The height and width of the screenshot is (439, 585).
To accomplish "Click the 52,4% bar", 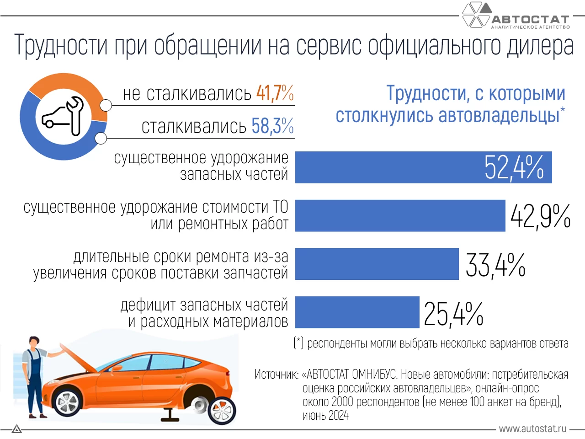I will [x=423, y=167].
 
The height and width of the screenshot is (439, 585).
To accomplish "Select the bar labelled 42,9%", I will [x=400, y=216].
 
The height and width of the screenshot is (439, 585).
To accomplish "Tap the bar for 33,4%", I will [x=377, y=264].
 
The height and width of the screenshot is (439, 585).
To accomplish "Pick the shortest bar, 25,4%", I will [x=357, y=312].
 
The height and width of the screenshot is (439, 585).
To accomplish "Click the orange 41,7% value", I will [x=275, y=93].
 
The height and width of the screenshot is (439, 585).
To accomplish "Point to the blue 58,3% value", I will [x=272, y=126].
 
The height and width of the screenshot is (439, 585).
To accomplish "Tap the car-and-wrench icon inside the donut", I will [x=64, y=117].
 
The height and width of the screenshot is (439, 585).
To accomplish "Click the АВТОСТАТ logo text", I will [x=530, y=20].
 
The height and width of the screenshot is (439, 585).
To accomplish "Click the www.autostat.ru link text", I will [x=532, y=429].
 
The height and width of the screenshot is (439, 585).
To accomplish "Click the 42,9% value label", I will [x=540, y=216].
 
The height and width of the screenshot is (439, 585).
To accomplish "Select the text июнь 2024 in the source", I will [x=325, y=416].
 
